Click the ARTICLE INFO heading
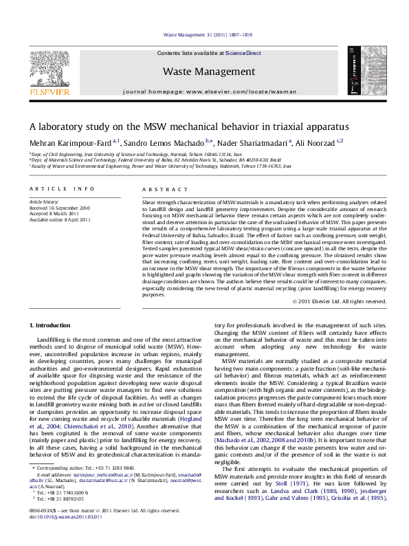(58, 188)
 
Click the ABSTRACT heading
(159, 188)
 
